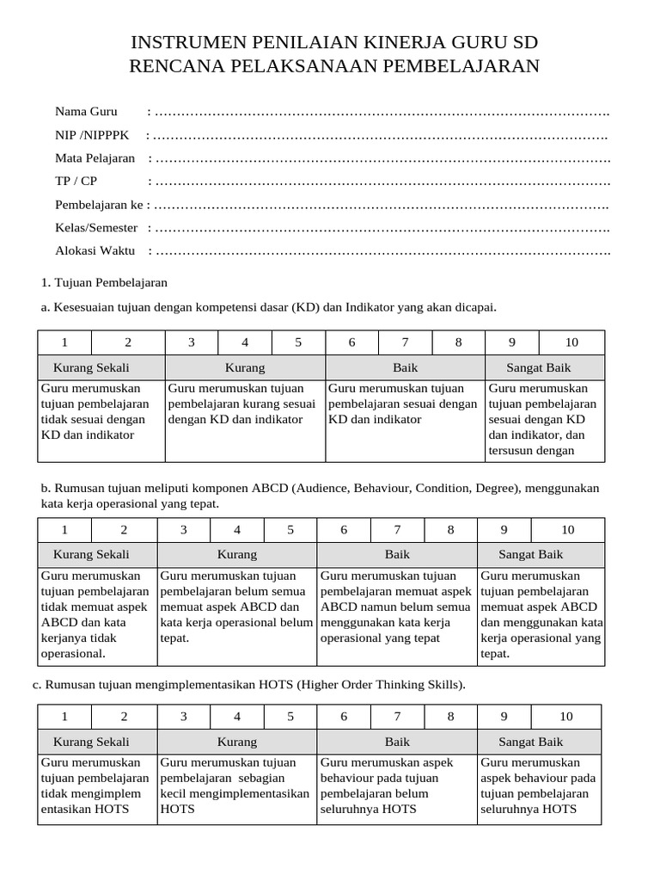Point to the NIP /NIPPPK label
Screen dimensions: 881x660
[91, 135]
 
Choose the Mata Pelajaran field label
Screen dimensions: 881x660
[95, 158]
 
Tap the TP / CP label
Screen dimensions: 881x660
[76, 182]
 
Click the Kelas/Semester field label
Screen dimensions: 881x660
[96, 228]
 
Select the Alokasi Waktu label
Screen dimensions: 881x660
[95, 251]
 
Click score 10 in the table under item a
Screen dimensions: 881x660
[571, 342]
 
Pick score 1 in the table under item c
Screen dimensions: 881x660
[65, 717]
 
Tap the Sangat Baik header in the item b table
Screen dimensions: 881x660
[531, 555]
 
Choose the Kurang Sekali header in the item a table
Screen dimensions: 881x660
[101, 368]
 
